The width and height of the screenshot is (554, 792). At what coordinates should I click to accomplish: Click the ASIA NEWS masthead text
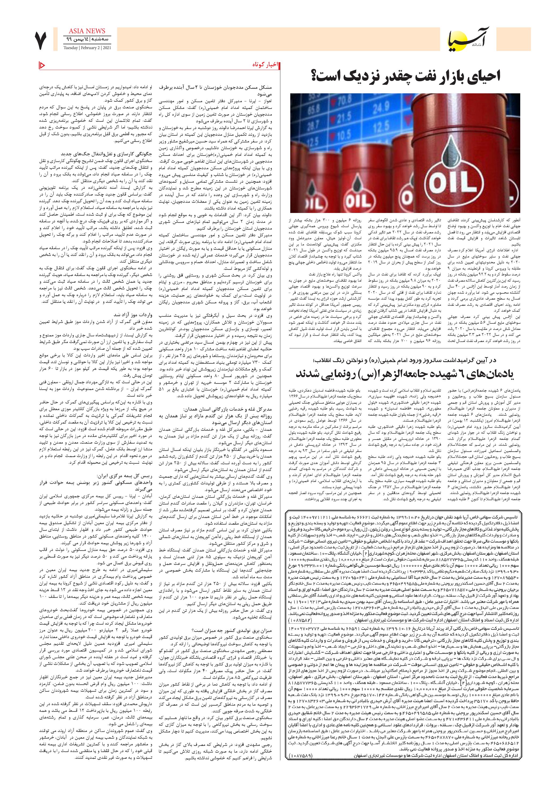pos(84,31)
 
